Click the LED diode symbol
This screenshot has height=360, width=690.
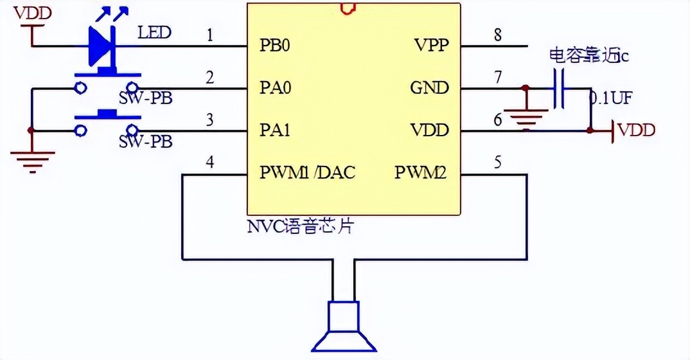tap(101, 46)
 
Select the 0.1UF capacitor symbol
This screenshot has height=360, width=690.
tap(559, 88)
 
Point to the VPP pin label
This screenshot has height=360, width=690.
tap(431, 46)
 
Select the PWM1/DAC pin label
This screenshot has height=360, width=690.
tap(307, 172)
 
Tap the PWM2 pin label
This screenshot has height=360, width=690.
tap(420, 172)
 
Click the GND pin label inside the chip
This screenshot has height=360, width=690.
tap(429, 88)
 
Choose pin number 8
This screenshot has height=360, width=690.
tap(497, 35)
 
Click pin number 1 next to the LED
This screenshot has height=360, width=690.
tap(209, 35)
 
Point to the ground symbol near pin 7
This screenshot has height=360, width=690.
tap(526, 117)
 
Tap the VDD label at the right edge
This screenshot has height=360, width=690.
tap(636, 130)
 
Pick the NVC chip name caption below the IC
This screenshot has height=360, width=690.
tap(300, 226)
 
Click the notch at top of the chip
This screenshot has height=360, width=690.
tap(348, 8)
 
